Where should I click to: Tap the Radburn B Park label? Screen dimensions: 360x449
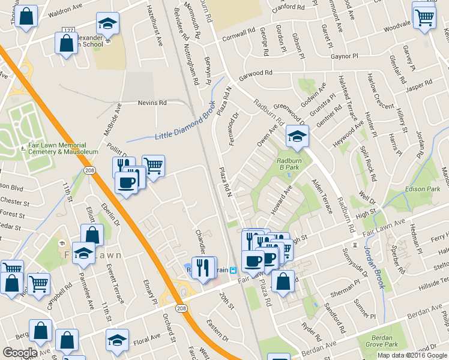288,164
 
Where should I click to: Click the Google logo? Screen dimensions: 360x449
20,353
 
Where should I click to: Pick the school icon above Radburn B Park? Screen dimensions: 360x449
297,136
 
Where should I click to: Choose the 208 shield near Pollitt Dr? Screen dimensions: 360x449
89,171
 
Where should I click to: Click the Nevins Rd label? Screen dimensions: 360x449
152,103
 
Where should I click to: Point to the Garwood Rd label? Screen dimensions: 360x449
256,73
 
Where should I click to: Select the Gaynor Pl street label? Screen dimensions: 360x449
345,55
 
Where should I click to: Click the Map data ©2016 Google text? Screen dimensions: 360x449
412,355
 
